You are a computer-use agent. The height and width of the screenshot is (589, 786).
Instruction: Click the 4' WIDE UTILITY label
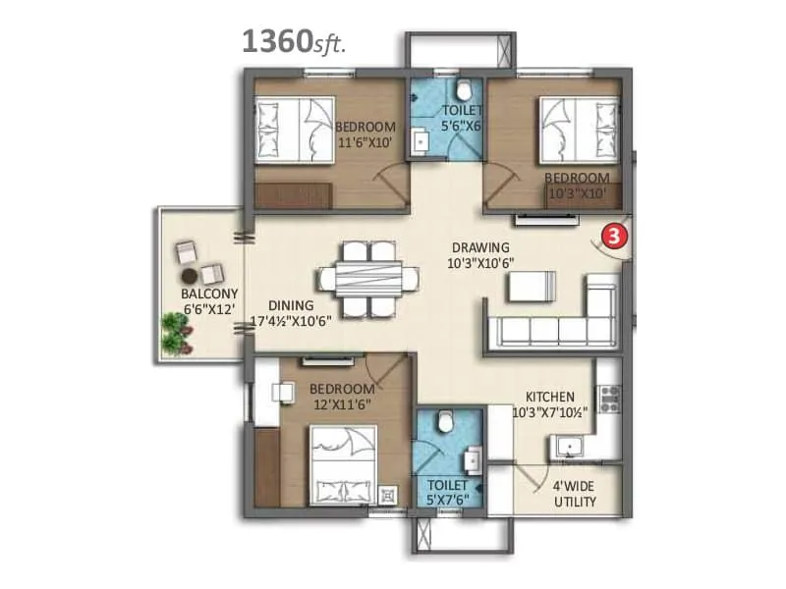click(575, 494)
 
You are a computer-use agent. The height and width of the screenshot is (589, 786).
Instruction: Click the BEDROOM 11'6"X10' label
click(365, 134)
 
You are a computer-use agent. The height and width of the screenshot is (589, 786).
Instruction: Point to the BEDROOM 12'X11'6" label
click(339, 396)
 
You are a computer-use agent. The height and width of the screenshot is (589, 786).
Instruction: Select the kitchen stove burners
click(609, 398)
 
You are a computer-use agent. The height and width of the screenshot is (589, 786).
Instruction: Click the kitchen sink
click(568, 449)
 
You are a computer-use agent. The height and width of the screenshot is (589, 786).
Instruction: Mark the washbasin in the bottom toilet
click(473, 459)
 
